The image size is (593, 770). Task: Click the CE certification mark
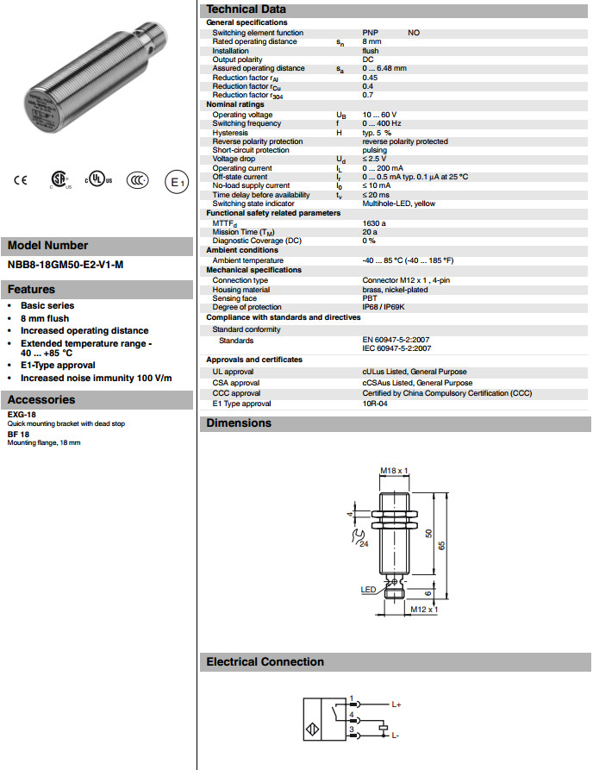[x=21, y=180]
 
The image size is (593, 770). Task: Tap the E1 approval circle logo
[x=177, y=182]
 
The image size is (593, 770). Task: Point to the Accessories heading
[x=41, y=400]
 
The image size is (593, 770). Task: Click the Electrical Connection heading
[x=265, y=662]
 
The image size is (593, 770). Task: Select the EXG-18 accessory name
[x=22, y=415]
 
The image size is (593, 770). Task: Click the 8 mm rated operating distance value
[x=371, y=41]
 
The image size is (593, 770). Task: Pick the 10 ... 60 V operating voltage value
[x=379, y=115]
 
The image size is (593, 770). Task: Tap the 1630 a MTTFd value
[x=374, y=223]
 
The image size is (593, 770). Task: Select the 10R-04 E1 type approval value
[x=375, y=404]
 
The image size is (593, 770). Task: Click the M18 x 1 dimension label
[x=394, y=471]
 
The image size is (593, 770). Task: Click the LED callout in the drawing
[x=367, y=591]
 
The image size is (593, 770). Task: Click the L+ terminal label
[x=396, y=705]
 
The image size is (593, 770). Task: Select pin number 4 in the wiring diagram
[x=352, y=714]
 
